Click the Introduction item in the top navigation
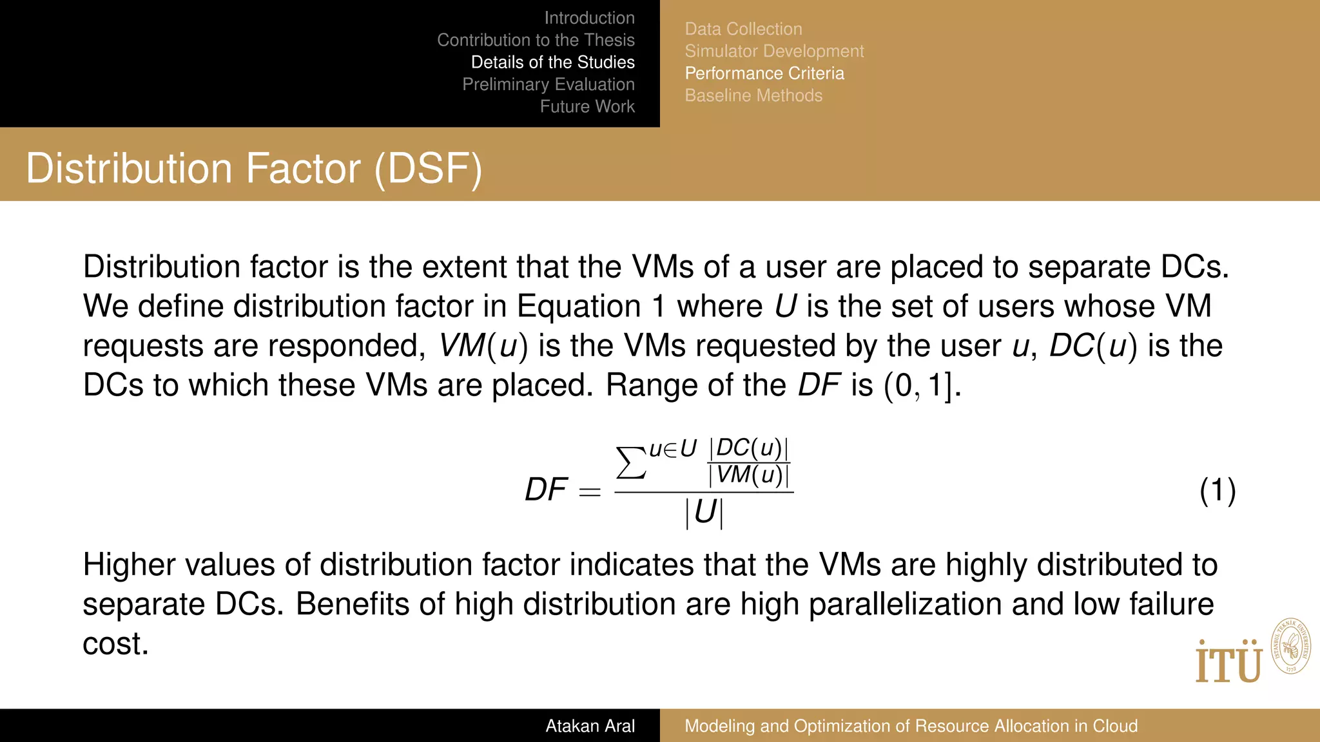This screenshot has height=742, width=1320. pyautogui.click(x=589, y=18)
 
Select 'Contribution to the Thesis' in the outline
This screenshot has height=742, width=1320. pyautogui.click(x=536, y=40)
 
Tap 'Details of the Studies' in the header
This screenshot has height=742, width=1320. pyautogui.click(x=552, y=62)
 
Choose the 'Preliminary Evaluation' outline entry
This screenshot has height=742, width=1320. pyautogui.click(x=548, y=84)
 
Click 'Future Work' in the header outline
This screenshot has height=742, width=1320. pyautogui.click(x=587, y=106)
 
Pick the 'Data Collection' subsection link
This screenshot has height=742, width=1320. pyautogui.click(x=743, y=29)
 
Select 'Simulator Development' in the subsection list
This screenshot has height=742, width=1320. pyautogui.click(x=774, y=51)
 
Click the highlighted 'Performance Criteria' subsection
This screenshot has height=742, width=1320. pyautogui.click(x=764, y=73)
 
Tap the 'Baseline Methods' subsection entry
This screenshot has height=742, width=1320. pyautogui.click(x=753, y=95)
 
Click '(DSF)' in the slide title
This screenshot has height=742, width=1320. pyautogui.click(x=428, y=169)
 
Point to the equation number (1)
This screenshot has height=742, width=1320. pyautogui.click(x=1217, y=491)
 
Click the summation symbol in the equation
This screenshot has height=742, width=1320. pyautogui.click(x=631, y=462)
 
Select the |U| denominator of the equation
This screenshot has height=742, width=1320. pyautogui.click(x=704, y=513)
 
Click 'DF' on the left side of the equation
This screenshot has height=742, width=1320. pyautogui.click(x=546, y=490)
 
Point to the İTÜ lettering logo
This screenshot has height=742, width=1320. pyautogui.click(x=1228, y=662)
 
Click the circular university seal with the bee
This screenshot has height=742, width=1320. pyautogui.click(x=1290, y=647)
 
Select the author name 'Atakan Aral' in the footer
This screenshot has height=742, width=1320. pyautogui.click(x=590, y=726)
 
